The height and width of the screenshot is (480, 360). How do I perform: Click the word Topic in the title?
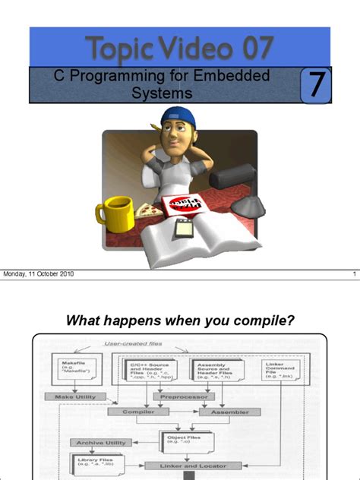tap(115, 48)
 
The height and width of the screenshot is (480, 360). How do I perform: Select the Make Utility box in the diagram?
tap(77, 396)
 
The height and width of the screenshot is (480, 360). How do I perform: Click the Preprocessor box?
tap(183, 396)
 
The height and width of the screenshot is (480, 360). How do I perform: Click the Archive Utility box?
tap(99, 442)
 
